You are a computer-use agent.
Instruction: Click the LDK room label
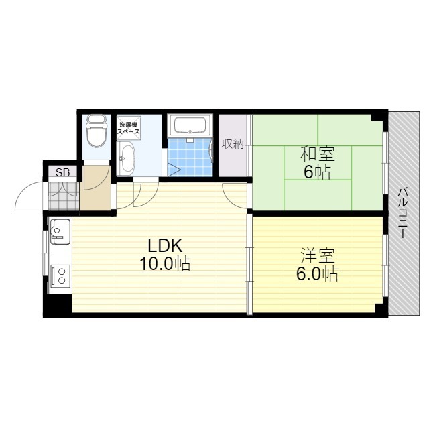tap(161, 244)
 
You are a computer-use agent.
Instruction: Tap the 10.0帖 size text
tap(164, 264)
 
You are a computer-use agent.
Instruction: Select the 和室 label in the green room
tap(317, 154)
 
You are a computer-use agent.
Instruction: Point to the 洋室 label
tap(318, 255)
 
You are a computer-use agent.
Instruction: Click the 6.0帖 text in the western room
tap(318, 274)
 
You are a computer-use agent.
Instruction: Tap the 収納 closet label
tap(233, 144)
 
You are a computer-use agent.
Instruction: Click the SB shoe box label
tap(62, 172)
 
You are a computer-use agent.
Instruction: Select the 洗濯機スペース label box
tap(129, 129)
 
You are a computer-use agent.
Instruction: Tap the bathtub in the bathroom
tap(191, 125)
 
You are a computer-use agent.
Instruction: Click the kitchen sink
tap(59, 232)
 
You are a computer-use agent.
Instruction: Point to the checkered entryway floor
tap(63, 196)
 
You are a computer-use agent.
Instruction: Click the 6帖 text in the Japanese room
tap(317, 172)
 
